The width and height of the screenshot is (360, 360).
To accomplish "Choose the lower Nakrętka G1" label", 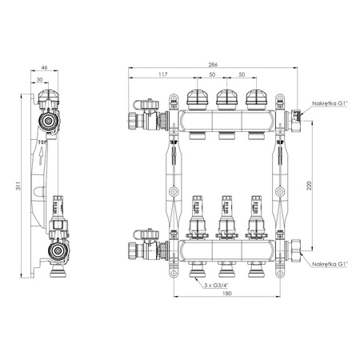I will (330, 263).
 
